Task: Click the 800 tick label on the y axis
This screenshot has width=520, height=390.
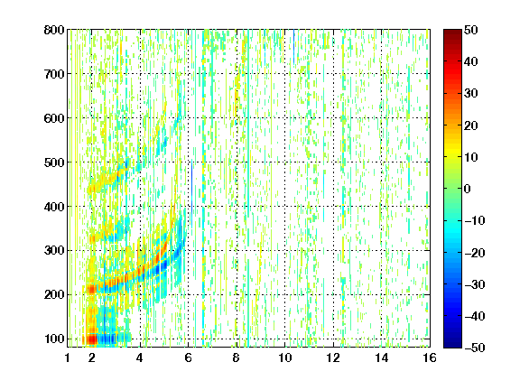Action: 54,30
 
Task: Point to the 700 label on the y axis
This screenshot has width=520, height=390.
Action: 54,74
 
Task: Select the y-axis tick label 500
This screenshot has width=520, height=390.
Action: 54,162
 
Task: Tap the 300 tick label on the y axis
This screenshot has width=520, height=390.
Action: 54,250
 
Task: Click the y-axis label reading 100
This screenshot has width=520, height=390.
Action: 55,339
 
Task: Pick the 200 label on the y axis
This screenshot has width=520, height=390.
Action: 54,294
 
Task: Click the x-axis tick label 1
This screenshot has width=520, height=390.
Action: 68,357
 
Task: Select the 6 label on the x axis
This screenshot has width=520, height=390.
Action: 188,357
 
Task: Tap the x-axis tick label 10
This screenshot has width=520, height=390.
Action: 284,357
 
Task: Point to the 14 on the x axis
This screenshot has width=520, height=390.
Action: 381,357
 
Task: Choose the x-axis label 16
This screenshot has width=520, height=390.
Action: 430,357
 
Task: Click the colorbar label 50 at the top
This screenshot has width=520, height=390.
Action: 470,30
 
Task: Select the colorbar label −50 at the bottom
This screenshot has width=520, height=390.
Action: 475,348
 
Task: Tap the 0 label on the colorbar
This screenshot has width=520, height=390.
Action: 468,189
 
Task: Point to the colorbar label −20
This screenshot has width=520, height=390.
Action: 475,253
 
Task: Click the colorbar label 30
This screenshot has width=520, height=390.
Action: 470,93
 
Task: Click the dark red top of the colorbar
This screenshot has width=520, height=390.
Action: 452,35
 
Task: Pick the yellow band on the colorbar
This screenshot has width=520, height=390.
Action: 452,153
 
